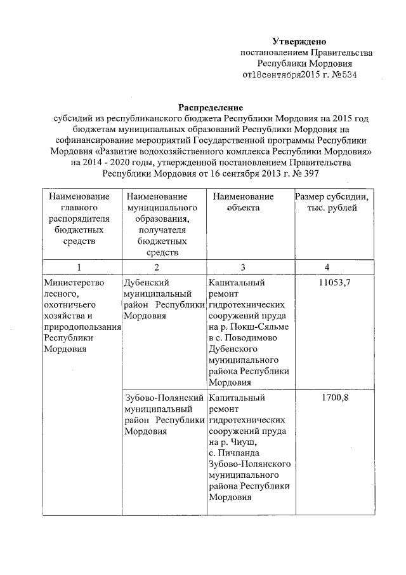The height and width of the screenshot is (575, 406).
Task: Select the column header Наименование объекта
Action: click(x=244, y=203)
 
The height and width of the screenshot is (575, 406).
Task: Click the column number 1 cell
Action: click(x=79, y=267)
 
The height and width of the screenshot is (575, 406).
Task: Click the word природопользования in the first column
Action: click(x=81, y=327)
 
